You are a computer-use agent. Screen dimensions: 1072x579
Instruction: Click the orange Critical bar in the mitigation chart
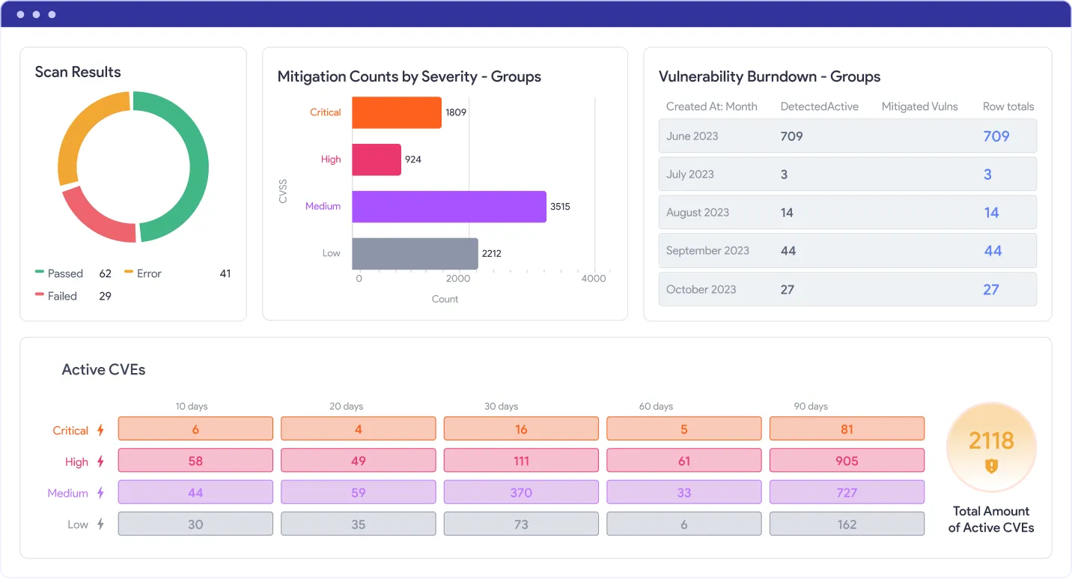coord(396,112)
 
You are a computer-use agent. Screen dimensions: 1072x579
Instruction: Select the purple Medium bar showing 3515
coord(449,207)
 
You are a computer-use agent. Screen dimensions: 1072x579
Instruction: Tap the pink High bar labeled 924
coord(376,160)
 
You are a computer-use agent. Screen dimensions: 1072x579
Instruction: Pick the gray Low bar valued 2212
coord(415,253)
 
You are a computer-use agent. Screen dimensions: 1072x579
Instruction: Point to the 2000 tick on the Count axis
coord(458,278)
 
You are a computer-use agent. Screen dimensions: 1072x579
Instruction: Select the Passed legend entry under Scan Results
coord(73,273)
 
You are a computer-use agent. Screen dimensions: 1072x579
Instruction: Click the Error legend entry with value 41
coord(177,273)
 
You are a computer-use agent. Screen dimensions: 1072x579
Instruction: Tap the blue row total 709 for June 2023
coord(996,136)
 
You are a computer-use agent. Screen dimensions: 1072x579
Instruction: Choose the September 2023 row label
coord(707,250)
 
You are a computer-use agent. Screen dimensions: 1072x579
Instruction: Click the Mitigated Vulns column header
coord(919,106)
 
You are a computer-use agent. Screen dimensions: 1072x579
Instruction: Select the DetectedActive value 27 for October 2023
coord(788,289)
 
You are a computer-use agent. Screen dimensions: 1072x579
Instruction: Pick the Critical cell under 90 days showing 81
coord(847,428)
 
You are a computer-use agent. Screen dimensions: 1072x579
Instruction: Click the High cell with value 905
coord(847,460)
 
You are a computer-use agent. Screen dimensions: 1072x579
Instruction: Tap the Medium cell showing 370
coord(521,492)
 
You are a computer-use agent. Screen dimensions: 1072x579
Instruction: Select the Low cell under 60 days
coord(684,524)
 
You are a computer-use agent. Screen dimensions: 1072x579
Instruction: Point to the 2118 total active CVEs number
coord(991,440)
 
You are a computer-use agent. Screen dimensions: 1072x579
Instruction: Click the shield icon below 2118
coord(991,465)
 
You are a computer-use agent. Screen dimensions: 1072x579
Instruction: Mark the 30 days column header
coord(501,406)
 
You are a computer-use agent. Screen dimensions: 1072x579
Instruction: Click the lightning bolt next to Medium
coord(100,492)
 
